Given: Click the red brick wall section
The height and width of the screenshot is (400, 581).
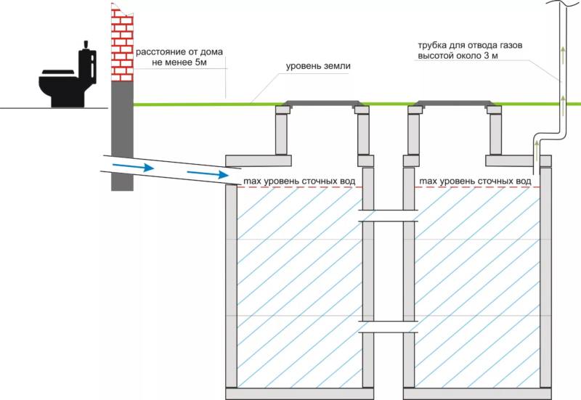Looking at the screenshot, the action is [122, 43].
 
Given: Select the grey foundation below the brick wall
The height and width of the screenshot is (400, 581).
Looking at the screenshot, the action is [122, 136].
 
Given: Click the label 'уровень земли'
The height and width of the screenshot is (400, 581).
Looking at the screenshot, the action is [318, 66].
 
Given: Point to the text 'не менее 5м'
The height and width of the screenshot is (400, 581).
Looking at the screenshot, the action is [179, 62].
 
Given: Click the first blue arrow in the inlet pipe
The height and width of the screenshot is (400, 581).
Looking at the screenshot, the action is [134, 167].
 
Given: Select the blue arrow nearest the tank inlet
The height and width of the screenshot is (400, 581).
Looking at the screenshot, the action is [208, 174].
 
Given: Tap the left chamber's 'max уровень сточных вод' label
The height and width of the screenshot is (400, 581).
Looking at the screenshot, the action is [299, 181].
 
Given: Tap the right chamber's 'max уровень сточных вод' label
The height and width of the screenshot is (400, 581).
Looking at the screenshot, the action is [476, 181].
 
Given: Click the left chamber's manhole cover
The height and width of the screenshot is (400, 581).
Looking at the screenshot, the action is [322, 103].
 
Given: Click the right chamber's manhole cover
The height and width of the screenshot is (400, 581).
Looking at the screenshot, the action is [455, 103].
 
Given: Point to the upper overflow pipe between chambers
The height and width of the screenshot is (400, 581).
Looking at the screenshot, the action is [388, 216].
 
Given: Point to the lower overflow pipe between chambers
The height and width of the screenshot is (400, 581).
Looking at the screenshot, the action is [388, 327].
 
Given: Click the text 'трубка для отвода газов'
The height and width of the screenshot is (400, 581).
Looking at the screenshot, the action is [470, 46].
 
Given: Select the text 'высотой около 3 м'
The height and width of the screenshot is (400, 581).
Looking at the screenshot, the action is [458, 56].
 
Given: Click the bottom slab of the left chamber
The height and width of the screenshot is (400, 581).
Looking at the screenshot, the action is [294, 393].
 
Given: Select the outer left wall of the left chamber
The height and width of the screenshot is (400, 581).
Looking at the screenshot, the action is [231, 286].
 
